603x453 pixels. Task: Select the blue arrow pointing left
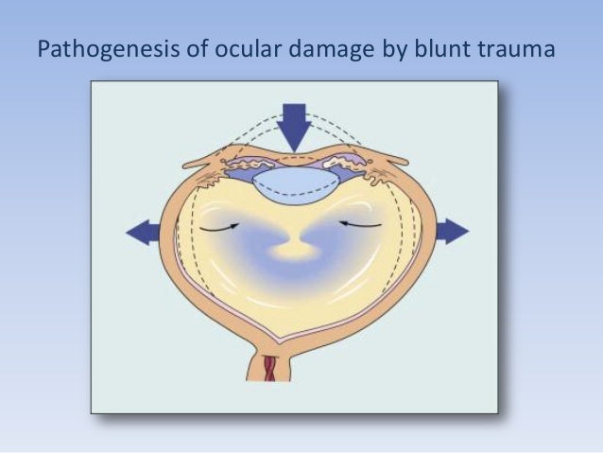pos(143,232)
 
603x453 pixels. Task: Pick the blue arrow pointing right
pos(451,231)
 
